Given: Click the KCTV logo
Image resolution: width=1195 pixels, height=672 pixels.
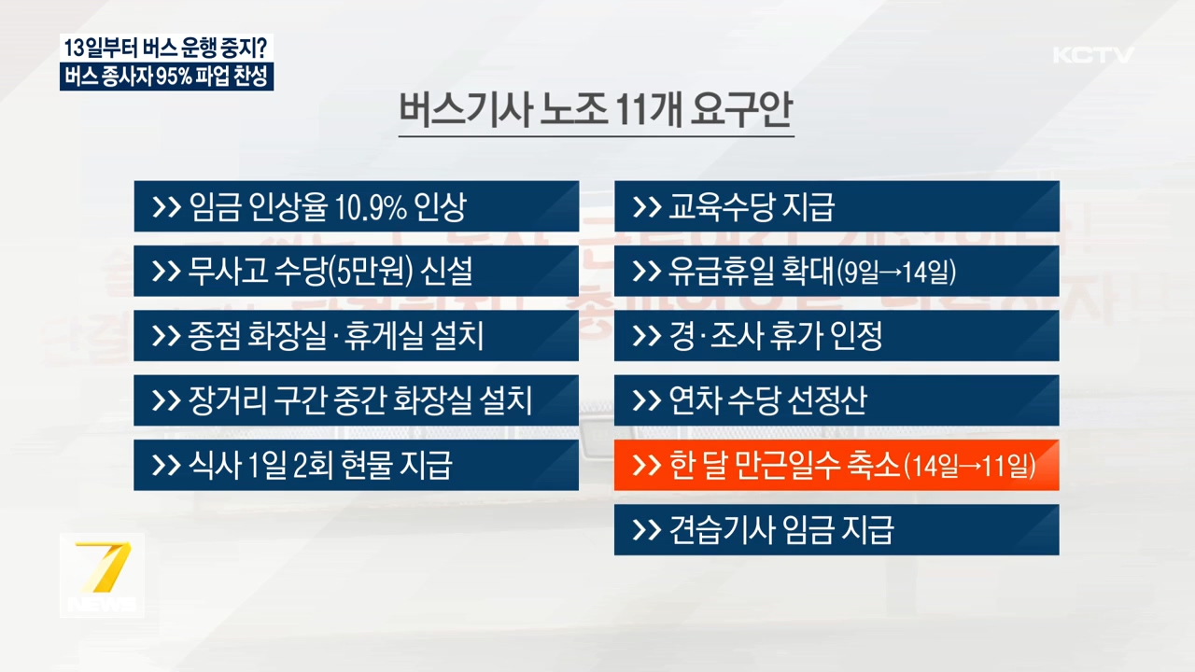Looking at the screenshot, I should (1093, 55).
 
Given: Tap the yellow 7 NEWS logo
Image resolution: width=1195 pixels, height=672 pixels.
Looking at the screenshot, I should (102, 575).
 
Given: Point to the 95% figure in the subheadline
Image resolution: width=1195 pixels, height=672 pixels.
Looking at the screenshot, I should (174, 77).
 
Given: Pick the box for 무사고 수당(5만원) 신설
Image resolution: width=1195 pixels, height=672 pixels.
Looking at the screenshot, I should (356, 271).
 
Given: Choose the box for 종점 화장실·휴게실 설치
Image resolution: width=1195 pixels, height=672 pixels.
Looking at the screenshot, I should (356, 335).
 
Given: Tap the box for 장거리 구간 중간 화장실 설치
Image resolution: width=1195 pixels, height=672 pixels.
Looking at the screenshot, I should (356, 400).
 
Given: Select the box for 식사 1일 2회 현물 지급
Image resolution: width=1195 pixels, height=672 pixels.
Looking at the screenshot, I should (356, 465).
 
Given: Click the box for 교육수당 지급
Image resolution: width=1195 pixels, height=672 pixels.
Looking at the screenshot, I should (836, 206).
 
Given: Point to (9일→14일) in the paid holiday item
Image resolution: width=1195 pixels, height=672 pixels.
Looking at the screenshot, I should (896, 273).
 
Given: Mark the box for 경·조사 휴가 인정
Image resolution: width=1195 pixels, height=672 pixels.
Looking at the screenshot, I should (836, 335).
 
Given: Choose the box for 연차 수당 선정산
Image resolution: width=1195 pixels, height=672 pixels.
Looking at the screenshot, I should (836, 400).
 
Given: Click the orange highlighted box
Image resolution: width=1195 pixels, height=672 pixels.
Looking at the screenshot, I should (836, 465).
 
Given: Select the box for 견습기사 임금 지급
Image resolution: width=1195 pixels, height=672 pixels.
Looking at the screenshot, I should (836, 530).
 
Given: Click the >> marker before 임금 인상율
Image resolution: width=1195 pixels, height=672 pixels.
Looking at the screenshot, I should (166, 207).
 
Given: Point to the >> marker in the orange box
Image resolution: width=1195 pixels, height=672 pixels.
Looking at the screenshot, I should (646, 466).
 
